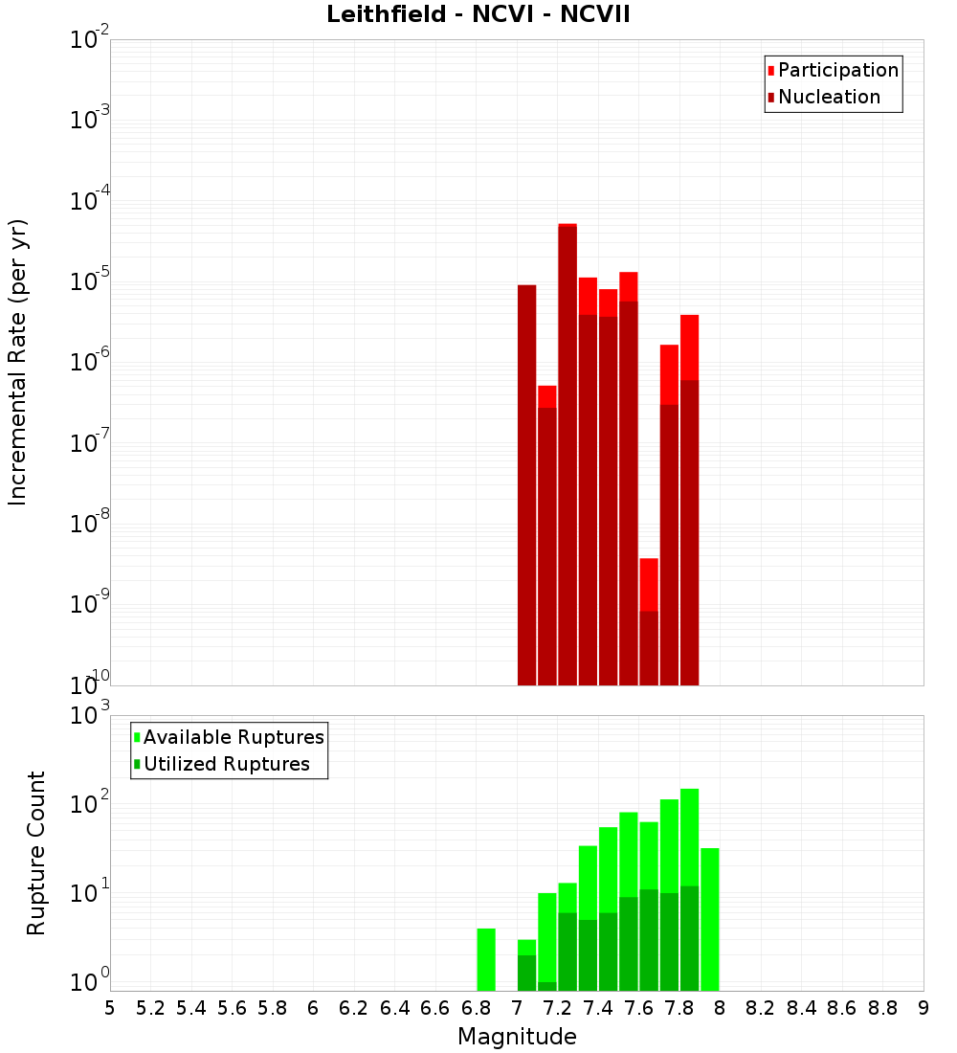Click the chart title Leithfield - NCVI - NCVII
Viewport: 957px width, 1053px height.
point(478,15)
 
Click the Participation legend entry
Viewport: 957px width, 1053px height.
point(837,70)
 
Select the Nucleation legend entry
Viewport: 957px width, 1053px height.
point(828,97)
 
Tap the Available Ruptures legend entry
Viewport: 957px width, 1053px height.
point(233,737)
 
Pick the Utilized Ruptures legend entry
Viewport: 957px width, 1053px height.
point(225,764)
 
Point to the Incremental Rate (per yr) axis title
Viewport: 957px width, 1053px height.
point(18,362)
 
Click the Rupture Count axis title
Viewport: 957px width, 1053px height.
point(36,852)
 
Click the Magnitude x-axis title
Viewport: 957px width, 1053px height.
point(517,1037)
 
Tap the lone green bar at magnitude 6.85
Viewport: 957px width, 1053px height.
point(486,959)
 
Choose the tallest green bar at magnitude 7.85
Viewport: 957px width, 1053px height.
point(689,890)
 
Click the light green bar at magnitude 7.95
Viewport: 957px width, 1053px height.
point(710,919)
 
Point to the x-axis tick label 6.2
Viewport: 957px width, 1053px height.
point(354,1007)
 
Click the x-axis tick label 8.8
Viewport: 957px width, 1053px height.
point(882,1007)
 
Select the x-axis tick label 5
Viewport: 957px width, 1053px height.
point(109,1007)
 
